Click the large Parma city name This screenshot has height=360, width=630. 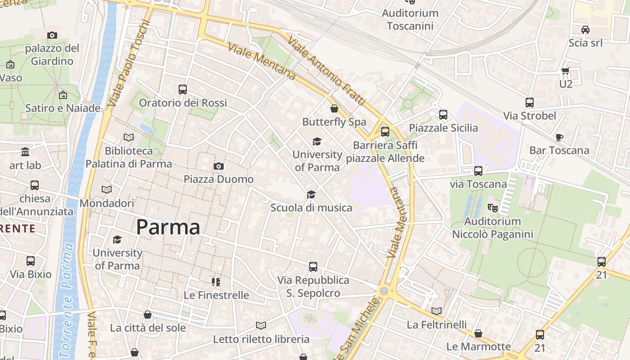tap(168, 227)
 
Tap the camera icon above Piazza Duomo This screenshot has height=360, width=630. tap(219, 166)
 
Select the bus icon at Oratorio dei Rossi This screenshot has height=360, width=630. tap(182, 90)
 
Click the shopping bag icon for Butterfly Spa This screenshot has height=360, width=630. tap(334, 108)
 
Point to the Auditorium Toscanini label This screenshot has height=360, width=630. tap(410, 19)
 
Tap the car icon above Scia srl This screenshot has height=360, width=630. tap(585, 30)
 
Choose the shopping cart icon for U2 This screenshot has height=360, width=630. tap(566, 71)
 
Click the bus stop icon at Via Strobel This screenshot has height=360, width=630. tap(530, 103)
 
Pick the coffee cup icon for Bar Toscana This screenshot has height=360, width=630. tap(559, 137)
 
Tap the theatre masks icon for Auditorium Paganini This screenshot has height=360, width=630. tap(493, 208)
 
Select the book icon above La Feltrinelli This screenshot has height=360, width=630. tap(436, 311)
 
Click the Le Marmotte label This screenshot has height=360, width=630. tap(478, 346)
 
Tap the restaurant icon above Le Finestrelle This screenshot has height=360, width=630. tap(216, 282)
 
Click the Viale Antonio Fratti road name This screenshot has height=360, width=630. tap(326, 71)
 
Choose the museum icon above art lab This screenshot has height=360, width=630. tap(25, 152)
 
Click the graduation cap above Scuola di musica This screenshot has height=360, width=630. tap(311, 194)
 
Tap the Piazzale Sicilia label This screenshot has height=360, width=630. tap(443, 128)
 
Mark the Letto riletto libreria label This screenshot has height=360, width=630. tap(261, 339)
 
